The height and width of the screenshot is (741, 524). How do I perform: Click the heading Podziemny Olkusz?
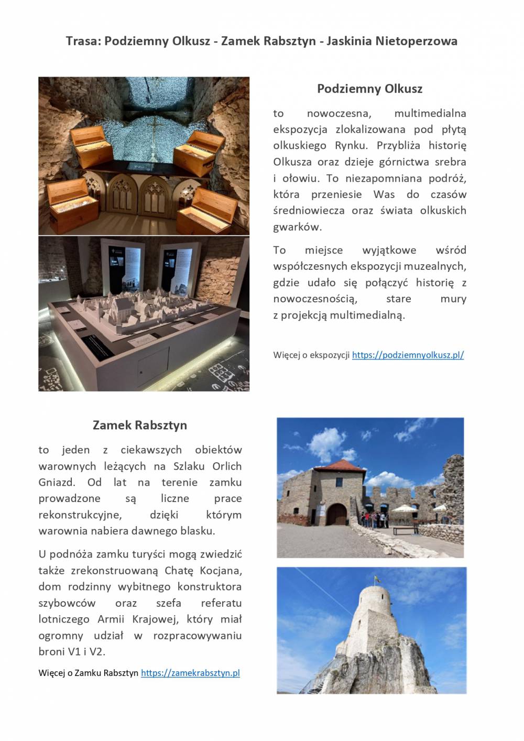click(x=369, y=89)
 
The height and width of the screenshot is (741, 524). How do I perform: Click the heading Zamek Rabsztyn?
click(x=140, y=424)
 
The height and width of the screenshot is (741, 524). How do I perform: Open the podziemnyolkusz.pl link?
click(x=408, y=355)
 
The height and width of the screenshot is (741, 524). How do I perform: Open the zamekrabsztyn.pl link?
click(x=190, y=673)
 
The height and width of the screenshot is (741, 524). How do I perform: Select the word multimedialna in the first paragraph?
click(x=430, y=113)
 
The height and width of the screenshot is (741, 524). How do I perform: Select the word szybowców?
click(x=67, y=603)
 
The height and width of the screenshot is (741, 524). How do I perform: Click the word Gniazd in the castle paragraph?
click(x=55, y=482)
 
